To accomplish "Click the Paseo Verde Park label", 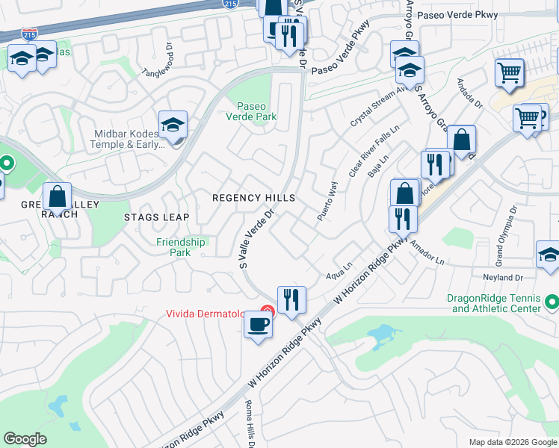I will (256, 111).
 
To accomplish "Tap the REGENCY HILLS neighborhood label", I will (253, 198).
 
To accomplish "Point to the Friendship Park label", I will (180, 247).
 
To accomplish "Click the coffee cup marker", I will (259, 326).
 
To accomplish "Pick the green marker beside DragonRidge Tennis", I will (552, 302).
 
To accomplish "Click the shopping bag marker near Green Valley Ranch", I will (57, 198).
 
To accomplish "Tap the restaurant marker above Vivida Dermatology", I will (291, 300).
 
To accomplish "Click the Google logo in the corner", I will (25, 439).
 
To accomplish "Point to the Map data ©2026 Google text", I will (512, 442).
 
